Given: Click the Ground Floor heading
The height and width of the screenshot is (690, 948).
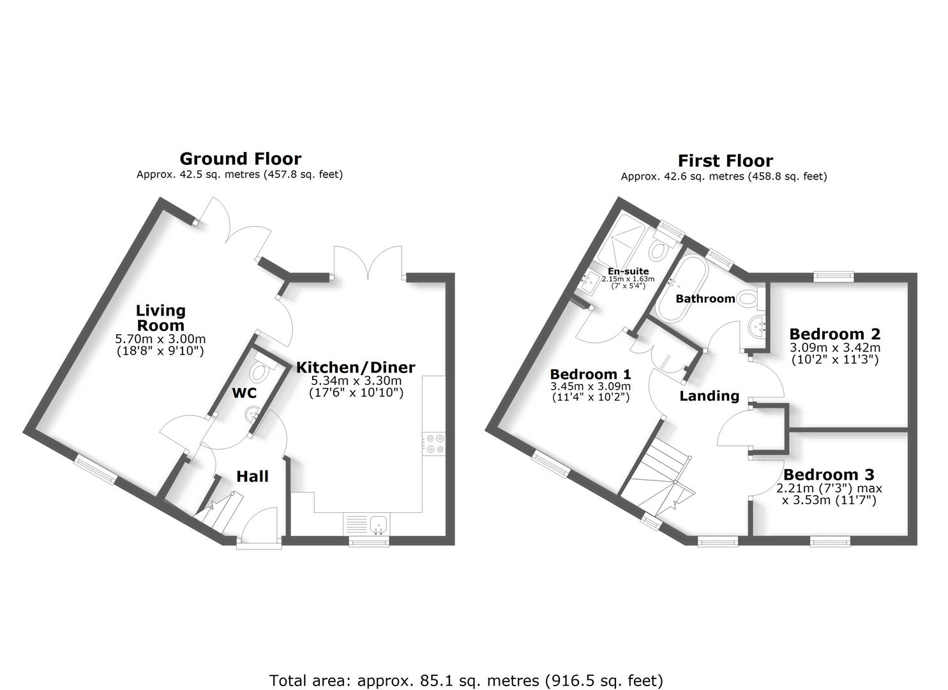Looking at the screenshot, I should pos(240,158).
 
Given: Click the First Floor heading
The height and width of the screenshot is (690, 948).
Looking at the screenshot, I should pos(725,160).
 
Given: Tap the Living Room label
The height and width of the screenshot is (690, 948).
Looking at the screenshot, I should pos(161,318).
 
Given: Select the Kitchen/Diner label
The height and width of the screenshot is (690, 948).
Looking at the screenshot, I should pos(356,367).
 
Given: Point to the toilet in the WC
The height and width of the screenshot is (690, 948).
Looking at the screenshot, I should pos(260,371).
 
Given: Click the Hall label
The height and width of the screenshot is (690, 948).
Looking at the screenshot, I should pos(252,476).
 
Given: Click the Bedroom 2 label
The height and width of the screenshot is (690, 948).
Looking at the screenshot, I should pos(834,333).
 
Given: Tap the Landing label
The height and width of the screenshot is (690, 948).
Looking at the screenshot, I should pos(709,396).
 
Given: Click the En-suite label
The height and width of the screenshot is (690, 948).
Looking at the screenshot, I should pos(628,272).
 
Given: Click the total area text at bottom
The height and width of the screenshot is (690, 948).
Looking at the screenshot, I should pos(466,680).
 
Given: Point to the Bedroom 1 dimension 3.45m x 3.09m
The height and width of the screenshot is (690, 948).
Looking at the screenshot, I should pos(591,387).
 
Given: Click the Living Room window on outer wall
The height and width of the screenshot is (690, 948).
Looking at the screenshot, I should pos(94,468).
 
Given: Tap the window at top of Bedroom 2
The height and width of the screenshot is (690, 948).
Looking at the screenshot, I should pos(833,276).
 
